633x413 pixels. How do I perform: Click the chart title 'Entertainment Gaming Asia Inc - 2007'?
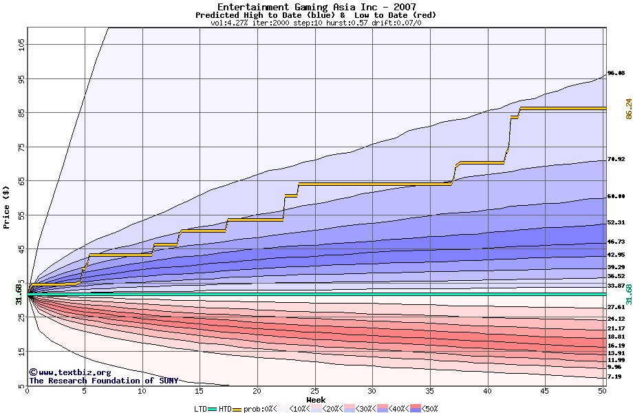(x=316, y=7)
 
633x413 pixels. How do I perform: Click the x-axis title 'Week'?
(x=316, y=400)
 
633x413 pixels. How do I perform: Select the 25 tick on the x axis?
(x=314, y=391)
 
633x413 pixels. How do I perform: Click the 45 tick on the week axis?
(x=545, y=391)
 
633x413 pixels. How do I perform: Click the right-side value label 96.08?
(x=616, y=73)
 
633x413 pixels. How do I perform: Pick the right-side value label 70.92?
(x=616, y=159)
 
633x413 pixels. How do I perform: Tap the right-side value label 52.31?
(x=616, y=222)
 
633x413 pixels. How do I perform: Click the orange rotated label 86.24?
(x=628, y=108)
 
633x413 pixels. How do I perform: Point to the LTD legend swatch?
(x=213, y=409)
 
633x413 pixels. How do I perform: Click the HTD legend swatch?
(x=237, y=409)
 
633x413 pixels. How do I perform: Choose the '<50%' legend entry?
(x=429, y=409)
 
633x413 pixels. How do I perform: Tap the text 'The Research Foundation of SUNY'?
(x=103, y=381)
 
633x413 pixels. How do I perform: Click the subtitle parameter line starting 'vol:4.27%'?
(x=316, y=23)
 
